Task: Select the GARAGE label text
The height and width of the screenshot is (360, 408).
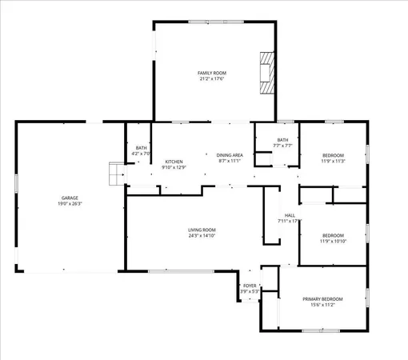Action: point(70,198)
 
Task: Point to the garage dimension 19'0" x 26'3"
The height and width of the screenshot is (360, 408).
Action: point(70,203)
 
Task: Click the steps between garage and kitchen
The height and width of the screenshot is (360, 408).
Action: point(117,172)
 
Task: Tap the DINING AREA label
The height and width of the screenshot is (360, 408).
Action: point(230,155)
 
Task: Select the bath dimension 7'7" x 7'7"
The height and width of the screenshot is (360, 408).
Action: point(283,146)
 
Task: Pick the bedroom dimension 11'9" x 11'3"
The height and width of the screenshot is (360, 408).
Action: point(333,161)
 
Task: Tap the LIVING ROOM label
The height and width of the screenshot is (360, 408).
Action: point(202,230)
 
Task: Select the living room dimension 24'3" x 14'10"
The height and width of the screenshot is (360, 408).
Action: point(202,236)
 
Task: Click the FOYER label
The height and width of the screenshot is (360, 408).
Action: point(250,286)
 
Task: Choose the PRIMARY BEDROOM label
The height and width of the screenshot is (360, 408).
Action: point(322,299)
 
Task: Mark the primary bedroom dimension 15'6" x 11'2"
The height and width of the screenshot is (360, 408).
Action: point(322,305)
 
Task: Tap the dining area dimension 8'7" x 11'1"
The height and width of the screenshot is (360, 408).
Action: point(230,161)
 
